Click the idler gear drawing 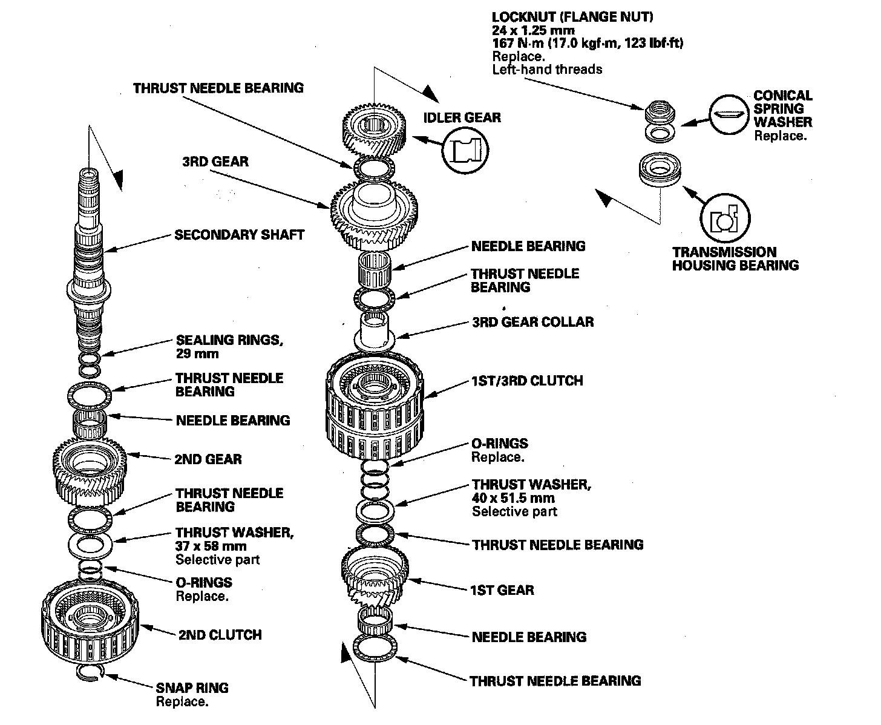(x=374, y=133)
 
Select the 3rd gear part (x=375, y=215)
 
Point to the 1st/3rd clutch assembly (x=375, y=399)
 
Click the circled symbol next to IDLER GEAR (x=465, y=150)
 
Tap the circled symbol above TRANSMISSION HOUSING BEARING (x=725, y=219)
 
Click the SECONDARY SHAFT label (x=239, y=235)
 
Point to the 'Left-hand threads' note (x=547, y=69)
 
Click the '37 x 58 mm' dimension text (x=211, y=546)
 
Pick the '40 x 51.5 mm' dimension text (x=513, y=499)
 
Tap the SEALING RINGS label (x=229, y=340)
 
